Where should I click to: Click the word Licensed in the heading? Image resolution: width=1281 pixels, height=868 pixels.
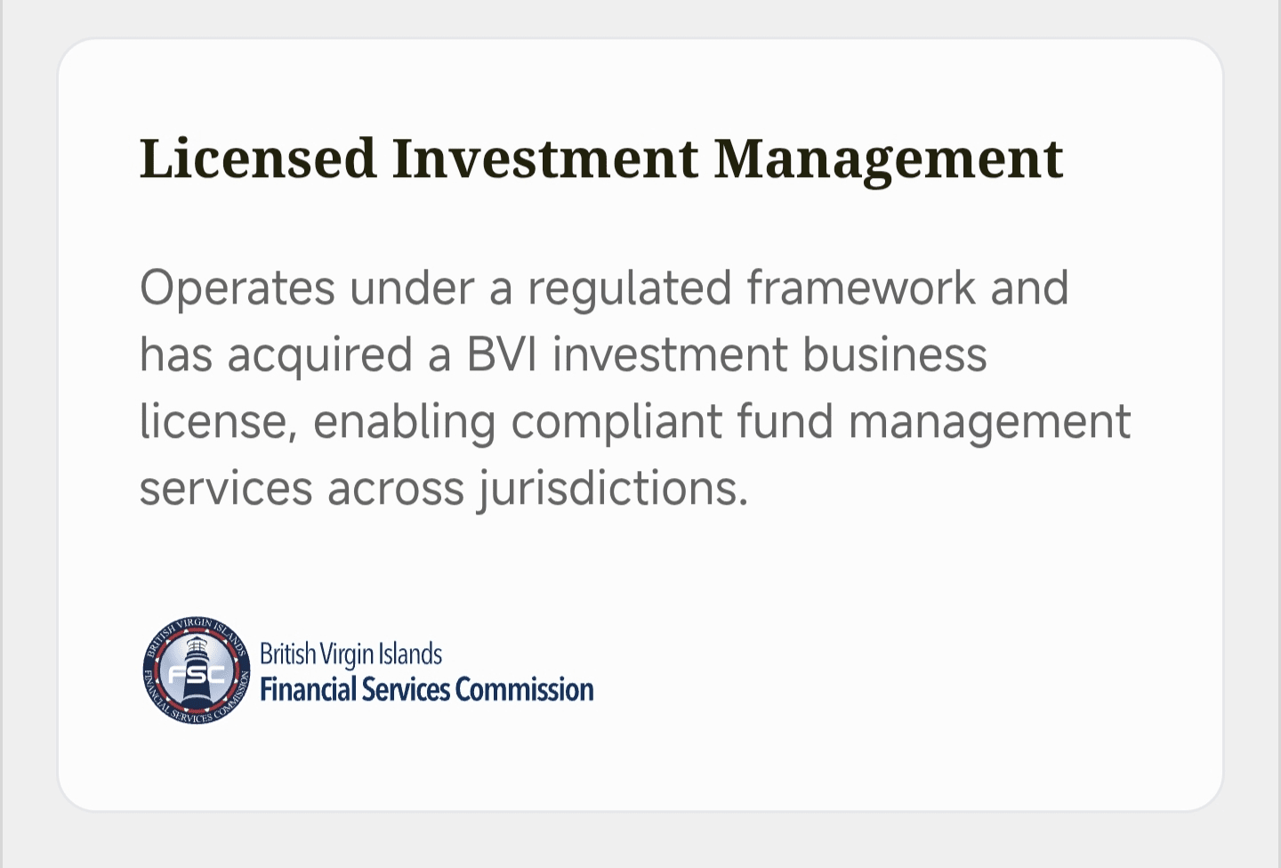pos(258,158)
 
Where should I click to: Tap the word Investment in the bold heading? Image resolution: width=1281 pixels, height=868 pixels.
pos(545,158)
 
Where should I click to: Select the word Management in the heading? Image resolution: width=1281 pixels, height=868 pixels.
pos(889,161)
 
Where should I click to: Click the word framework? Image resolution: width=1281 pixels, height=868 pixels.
pos(861,288)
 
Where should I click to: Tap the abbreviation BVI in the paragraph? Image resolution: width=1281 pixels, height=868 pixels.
pos(502,354)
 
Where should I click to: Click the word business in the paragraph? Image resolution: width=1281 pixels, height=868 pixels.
pos(895,353)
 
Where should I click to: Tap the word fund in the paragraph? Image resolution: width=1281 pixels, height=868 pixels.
pos(785,420)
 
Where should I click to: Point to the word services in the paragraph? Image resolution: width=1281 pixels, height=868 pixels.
pos(226,488)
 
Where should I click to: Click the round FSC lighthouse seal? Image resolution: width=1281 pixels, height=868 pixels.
pos(196,670)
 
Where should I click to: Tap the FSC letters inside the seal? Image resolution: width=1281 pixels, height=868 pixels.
pos(196,675)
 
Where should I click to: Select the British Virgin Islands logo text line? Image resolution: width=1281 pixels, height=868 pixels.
pos(350,654)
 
